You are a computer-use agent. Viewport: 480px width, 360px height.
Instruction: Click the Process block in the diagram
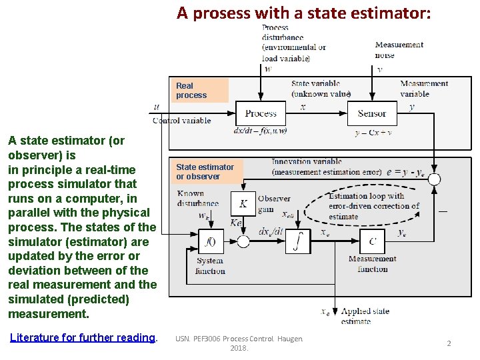tap(261, 113)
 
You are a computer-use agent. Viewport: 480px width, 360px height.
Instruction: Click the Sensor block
tap(372, 113)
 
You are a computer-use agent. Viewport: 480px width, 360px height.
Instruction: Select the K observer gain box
tap(243, 203)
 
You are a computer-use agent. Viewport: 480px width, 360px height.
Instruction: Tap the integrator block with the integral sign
tap(298, 241)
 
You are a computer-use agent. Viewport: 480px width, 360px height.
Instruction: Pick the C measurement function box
tap(372, 241)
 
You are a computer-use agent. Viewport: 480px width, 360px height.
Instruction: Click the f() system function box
tap(210, 241)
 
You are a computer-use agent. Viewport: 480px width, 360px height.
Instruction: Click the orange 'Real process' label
tap(201, 91)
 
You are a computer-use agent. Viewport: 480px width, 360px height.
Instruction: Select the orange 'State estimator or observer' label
tap(206, 172)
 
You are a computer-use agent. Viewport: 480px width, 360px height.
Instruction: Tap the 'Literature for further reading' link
tap(83, 337)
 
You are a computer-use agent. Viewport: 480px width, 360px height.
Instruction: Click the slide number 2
tap(449, 343)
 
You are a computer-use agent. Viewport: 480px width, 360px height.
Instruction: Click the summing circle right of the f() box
tap(244, 241)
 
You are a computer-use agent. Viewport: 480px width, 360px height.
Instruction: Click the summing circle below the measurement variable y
tap(434, 179)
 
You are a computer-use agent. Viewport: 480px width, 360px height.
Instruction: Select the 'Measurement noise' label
tap(399, 50)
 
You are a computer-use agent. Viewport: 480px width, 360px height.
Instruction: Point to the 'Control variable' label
tap(181, 121)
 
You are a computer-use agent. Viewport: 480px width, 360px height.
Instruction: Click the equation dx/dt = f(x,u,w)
tap(260, 131)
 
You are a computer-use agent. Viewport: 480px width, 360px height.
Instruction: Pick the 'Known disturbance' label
tap(198, 199)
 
